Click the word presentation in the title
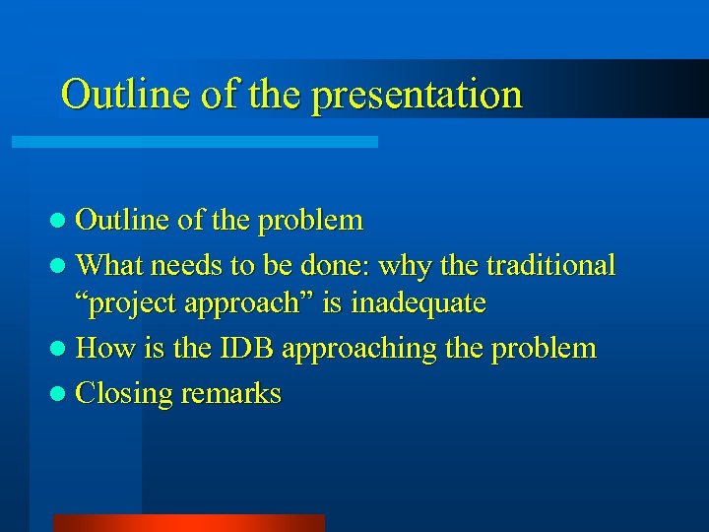point(419,96)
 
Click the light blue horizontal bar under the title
point(194,142)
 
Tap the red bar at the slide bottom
point(188,523)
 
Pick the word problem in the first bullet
point(310,219)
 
